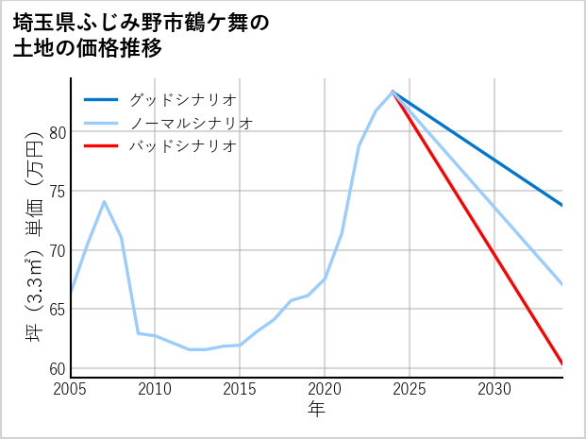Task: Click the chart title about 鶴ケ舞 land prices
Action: coord(142,36)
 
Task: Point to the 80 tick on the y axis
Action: coord(57,132)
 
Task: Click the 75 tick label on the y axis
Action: coord(57,192)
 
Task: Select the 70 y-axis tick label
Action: coord(57,250)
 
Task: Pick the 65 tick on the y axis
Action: coord(57,309)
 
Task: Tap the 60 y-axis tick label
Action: coord(57,368)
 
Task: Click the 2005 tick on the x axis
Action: coord(71,389)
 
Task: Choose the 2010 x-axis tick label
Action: coord(155,389)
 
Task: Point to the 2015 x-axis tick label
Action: coord(240,389)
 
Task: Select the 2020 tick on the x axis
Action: coord(325,389)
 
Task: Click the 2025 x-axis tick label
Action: coord(410,389)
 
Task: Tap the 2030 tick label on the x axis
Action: coord(494,389)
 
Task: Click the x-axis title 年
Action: coord(316,411)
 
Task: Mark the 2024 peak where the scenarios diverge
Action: coord(393,92)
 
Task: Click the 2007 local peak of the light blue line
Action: coord(104,201)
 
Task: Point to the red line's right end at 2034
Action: coord(562,363)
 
